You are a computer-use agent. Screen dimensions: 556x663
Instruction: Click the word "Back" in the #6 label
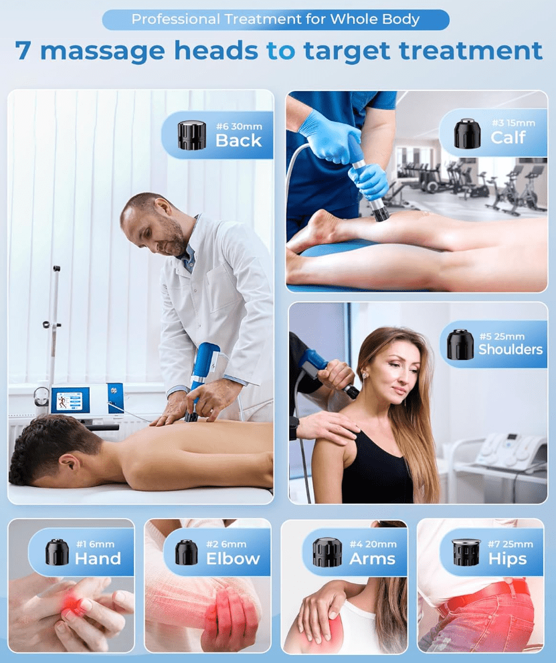[x=238, y=140]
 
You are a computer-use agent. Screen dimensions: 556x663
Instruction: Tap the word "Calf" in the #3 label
[x=508, y=137]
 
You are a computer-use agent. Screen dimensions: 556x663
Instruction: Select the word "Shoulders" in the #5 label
[x=511, y=349]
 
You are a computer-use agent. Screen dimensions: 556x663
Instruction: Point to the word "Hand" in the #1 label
[x=98, y=559]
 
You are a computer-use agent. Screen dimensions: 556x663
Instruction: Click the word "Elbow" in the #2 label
[x=233, y=559]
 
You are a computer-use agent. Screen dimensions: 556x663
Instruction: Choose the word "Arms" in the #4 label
[x=372, y=559]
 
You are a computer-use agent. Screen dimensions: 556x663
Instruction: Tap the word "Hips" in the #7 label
[x=507, y=559]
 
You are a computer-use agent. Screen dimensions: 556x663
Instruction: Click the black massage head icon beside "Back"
[x=191, y=135]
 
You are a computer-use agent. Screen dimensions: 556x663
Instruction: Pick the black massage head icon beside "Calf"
[x=467, y=133]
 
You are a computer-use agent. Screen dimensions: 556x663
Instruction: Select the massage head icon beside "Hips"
[x=466, y=552]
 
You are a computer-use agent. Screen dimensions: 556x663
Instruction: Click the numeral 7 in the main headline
[x=23, y=50]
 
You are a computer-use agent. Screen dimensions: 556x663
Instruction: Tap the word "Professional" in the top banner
[x=176, y=19]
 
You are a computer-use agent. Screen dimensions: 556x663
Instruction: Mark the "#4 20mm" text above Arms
[x=373, y=544]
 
